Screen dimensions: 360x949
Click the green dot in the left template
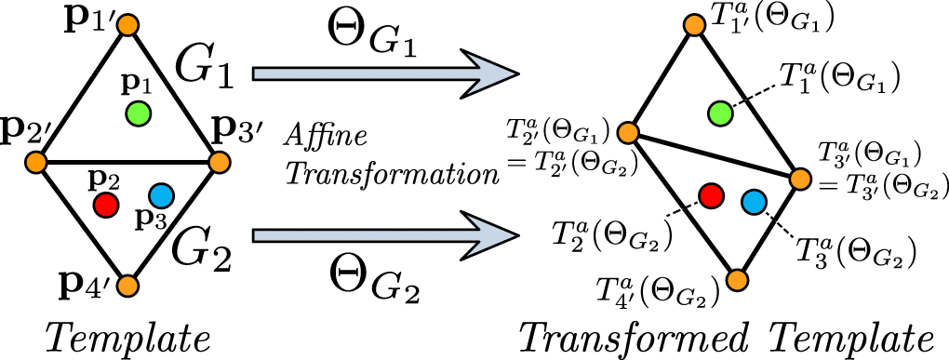(138, 113)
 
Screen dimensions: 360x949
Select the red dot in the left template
(105, 202)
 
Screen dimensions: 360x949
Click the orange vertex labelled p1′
(128, 24)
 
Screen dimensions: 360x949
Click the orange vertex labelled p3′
(220, 163)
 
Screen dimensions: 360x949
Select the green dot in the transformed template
(718, 113)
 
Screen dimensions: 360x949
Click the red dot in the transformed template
(711, 194)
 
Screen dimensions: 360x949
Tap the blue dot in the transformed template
(753, 201)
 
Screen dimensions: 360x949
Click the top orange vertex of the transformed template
(694, 24)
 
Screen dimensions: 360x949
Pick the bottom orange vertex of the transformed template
(738, 280)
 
